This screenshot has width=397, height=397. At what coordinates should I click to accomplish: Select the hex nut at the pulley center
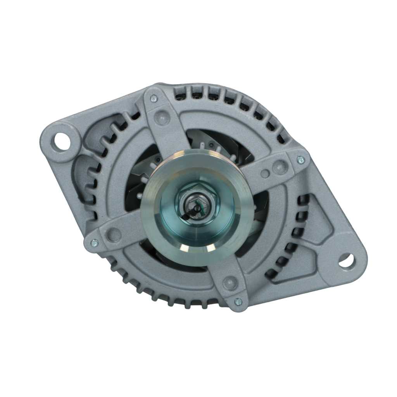click(x=198, y=203)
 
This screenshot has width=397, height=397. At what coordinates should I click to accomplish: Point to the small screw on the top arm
click(x=154, y=98)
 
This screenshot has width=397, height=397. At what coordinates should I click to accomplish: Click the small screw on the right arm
click(x=300, y=159)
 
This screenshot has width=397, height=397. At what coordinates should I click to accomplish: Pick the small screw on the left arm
click(x=94, y=243)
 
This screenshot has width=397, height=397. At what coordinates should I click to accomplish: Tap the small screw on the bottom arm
click(x=238, y=301)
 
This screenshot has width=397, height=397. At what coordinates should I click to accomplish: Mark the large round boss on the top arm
click(x=162, y=117)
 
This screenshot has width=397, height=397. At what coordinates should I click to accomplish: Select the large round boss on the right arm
click(x=280, y=167)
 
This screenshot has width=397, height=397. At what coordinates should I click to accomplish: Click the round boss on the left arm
click(x=114, y=235)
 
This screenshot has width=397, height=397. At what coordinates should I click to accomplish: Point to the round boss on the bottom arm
click(x=230, y=283)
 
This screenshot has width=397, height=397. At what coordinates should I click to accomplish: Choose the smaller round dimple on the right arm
click(x=265, y=173)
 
